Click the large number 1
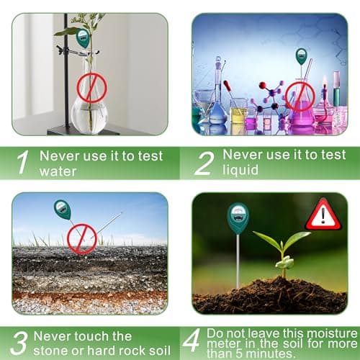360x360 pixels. [x=24, y=163]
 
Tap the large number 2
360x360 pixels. [x=204, y=163]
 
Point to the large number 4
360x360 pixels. [x=192, y=343]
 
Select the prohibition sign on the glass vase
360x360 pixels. [x=91, y=89]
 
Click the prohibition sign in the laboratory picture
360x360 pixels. [x=300, y=95]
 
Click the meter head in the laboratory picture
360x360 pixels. [x=301, y=56]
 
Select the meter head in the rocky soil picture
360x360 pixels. [x=63, y=210]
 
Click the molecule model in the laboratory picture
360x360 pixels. [x=270, y=97]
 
